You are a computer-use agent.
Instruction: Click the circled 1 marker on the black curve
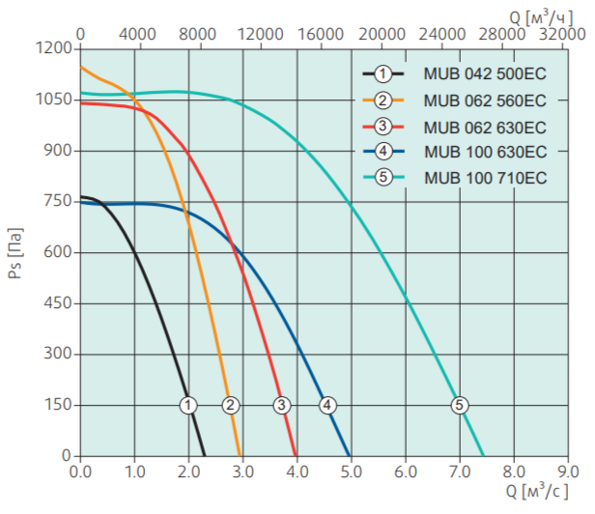pyautogui.click(x=188, y=405)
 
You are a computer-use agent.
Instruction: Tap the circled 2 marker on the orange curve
pyautogui.click(x=230, y=405)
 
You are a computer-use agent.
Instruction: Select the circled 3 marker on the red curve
pyautogui.click(x=281, y=405)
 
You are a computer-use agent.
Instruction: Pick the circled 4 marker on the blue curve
pyautogui.click(x=328, y=405)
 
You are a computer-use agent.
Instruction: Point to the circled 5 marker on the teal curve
pyautogui.click(x=459, y=405)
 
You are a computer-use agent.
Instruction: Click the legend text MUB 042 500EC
pyautogui.click(x=484, y=73)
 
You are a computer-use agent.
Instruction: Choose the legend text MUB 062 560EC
pyautogui.click(x=484, y=100)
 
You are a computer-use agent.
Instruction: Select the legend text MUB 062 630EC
pyautogui.click(x=484, y=127)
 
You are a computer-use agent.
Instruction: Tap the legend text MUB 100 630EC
pyautogui.click(x=484, y=152)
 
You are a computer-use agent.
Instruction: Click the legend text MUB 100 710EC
pyautogui.click(x=484, y=177)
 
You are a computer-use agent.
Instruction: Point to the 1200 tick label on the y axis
pyautogui.click(x=55, y=48)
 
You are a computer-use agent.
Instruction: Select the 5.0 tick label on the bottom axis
pyautogui.click(x=351, y=472)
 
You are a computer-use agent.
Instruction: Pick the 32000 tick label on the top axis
pyautogui.click(x=564, y=33)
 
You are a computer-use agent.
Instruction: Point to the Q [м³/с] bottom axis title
pyautogui.click(x=533, y=493)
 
